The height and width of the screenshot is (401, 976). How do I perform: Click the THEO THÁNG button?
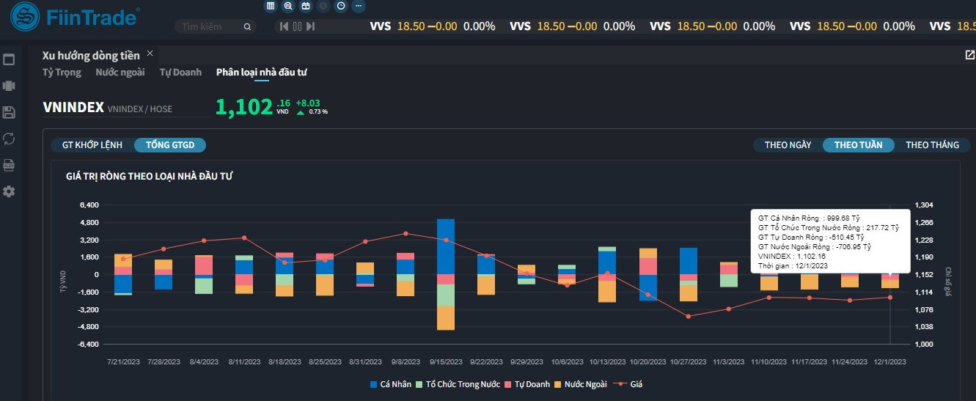pos(932,145)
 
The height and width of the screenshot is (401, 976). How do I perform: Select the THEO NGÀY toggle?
pos(788,145)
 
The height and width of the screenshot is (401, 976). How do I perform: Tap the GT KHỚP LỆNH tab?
pos(92,145)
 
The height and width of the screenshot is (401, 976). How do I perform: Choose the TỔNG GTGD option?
pos(170,145)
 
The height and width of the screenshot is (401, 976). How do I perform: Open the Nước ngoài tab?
pos(120,73)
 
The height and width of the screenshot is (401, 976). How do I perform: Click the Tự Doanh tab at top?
pos(180,73)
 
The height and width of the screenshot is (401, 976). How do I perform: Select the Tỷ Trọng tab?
pos(62,73)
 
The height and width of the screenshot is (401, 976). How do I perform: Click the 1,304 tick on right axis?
pos(925,205)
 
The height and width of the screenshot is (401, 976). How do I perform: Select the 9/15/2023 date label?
pos(446,362)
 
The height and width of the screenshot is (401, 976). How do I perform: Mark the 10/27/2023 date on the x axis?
pos(688,362)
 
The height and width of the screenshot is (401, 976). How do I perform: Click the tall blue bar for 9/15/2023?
pos(446,246)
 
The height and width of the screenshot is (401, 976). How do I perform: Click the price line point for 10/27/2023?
pos(688,316)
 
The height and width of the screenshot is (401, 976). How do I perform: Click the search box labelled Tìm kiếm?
pos(213,26)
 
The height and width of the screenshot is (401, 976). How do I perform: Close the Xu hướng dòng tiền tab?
pos(150,54)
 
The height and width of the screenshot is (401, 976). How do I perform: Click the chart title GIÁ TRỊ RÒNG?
pos(150,176)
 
